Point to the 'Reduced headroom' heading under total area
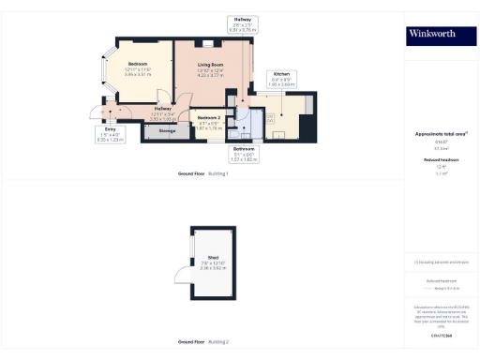434,160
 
